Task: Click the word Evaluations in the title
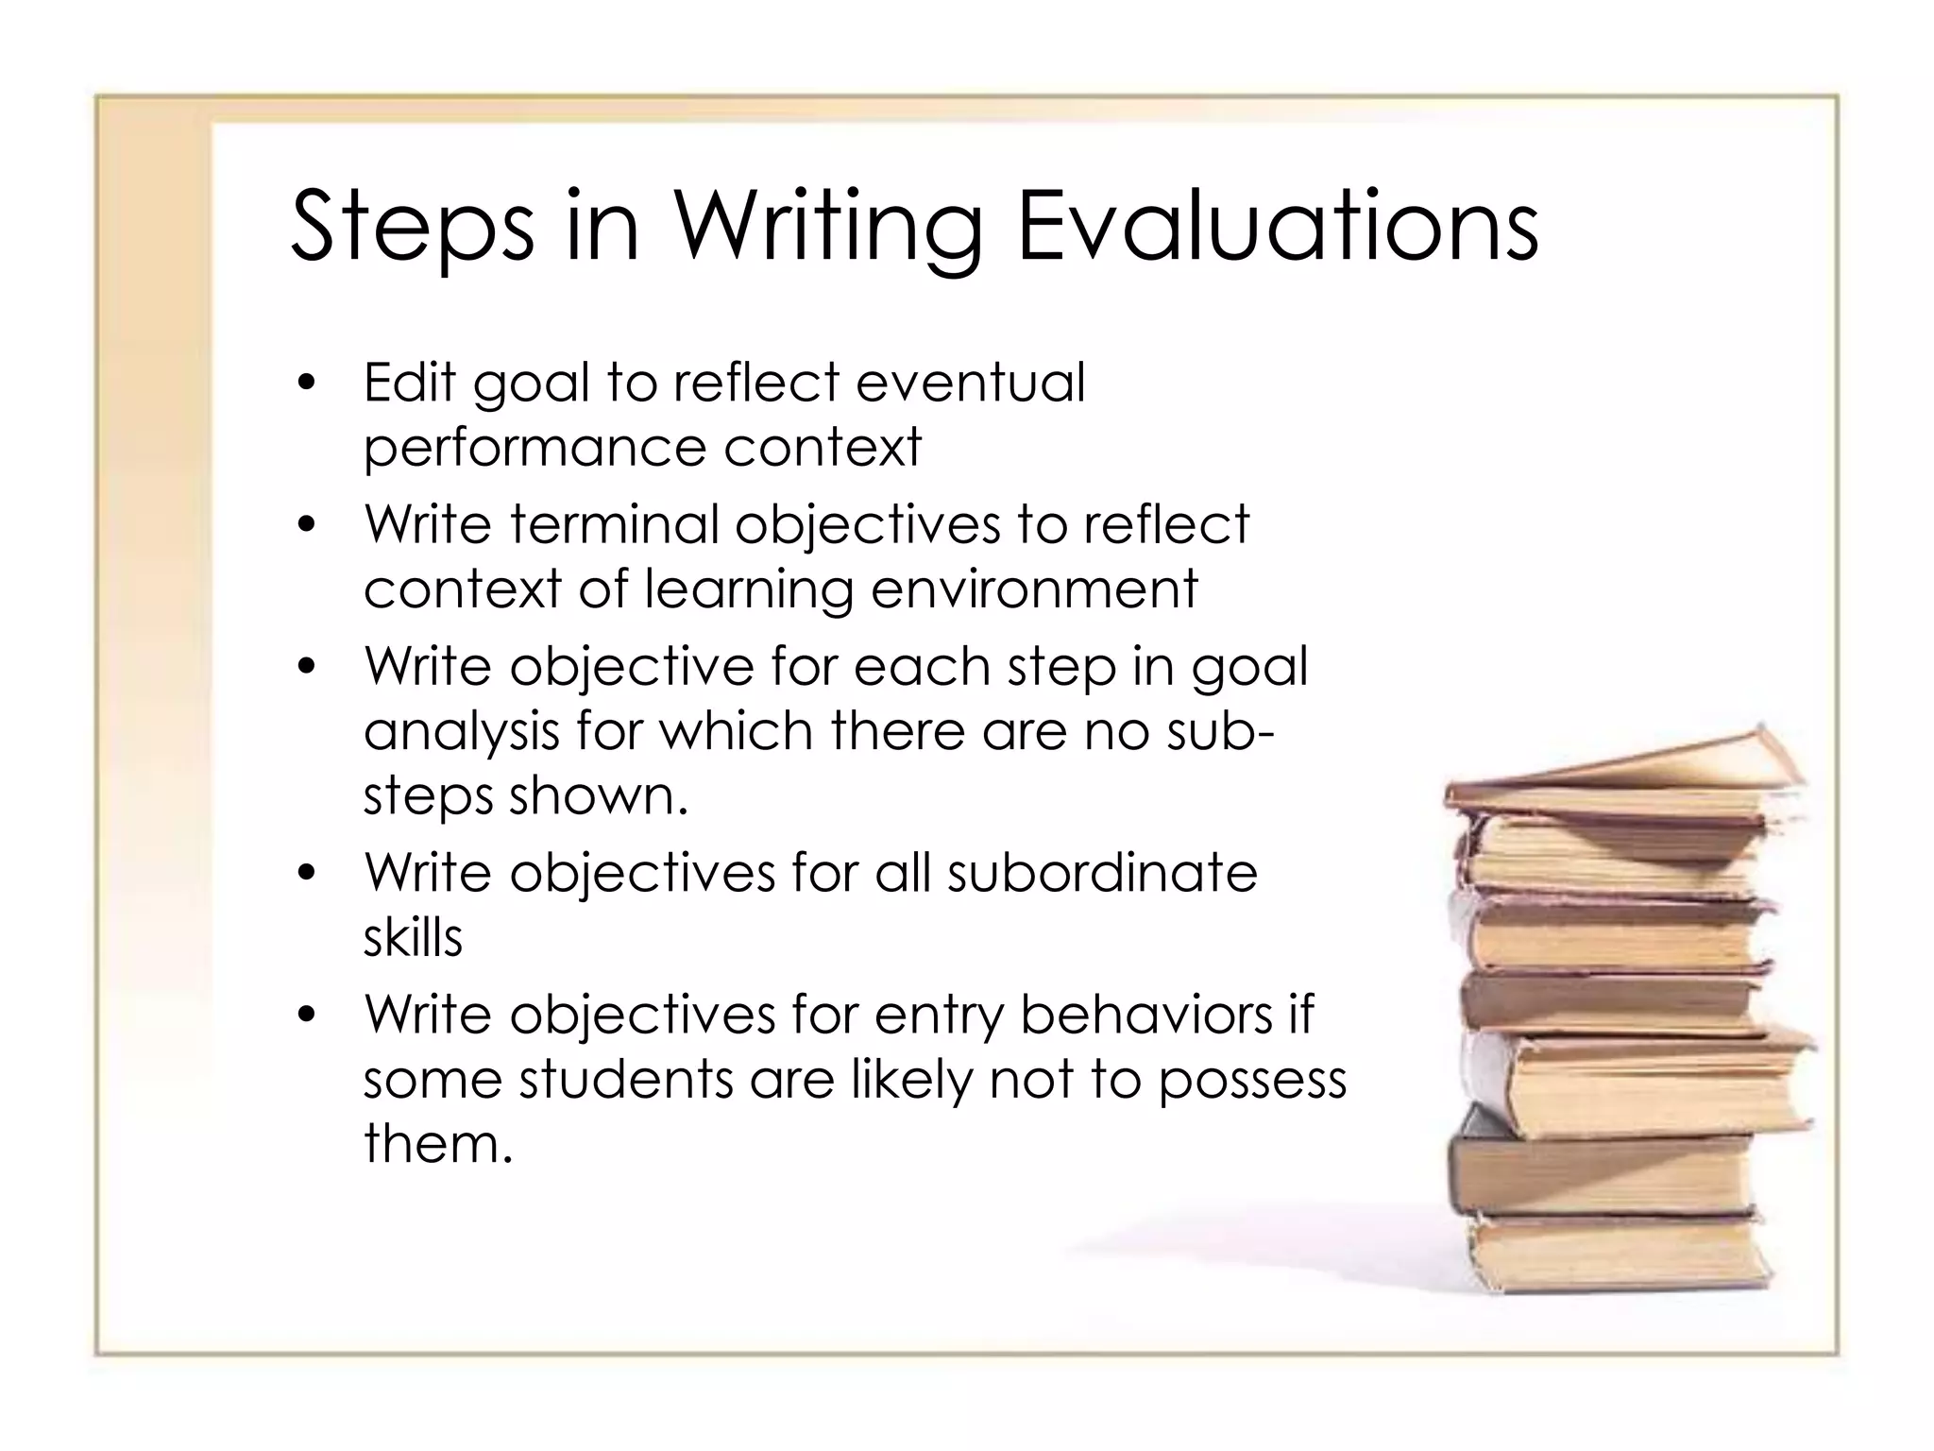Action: tap(1277, 227)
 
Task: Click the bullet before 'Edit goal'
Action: tap(305, 384)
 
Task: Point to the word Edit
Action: tap(410, 383)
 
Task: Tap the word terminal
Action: tap(615, 524)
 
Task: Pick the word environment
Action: tap(1034, 589)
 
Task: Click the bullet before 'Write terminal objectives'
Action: tap(305, 525)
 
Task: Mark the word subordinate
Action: tap(1102, 873)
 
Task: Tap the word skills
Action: tap(413, 938)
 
